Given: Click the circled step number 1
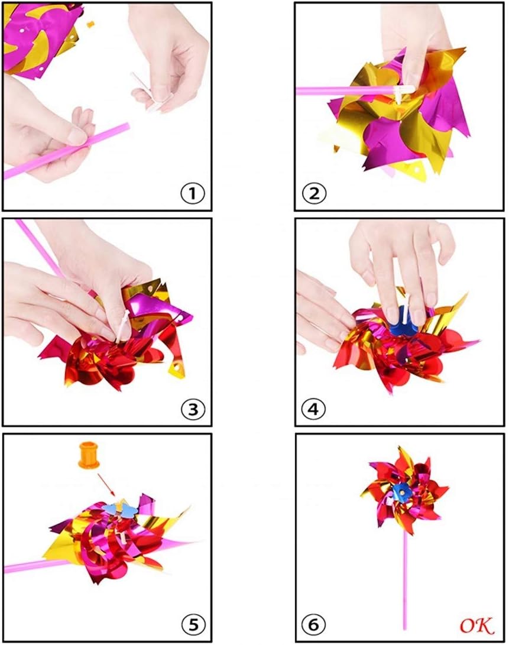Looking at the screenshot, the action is (x=193, y=193).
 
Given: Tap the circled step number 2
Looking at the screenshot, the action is (x=314, y=193).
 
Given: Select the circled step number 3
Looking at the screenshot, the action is (x=193, y=409).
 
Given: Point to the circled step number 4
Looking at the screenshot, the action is (x=313, y=409).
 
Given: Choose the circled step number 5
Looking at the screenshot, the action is (x=193, y=624).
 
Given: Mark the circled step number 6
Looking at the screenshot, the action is (x=313, y=624).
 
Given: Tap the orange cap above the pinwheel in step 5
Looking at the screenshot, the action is (x=89, y=455).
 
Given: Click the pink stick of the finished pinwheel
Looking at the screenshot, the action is (x=404, y=580).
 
